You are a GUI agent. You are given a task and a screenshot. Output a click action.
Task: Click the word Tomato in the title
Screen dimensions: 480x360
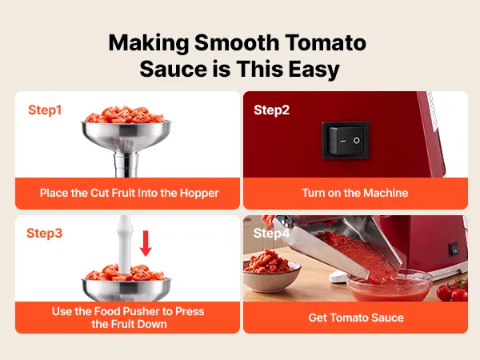(326, 42)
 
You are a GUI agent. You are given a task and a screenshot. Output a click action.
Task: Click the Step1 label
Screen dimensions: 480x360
(45, 110)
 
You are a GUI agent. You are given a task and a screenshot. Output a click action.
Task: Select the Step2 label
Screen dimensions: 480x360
(271, 110)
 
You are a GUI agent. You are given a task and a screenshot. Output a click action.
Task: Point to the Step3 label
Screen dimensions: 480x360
(44, 233)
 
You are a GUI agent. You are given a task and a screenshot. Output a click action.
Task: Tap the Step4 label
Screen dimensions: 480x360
(271, 234)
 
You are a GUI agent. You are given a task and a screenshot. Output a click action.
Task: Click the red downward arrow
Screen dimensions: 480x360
(146, 243)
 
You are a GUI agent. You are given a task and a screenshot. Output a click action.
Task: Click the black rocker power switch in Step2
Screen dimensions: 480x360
(346, 141)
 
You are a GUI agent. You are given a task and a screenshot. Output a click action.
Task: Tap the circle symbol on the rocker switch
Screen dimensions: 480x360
(356, 141)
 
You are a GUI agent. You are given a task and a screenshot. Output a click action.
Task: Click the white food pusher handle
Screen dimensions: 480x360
(125, 243)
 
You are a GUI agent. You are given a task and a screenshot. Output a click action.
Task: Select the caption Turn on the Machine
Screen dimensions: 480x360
(355, 193)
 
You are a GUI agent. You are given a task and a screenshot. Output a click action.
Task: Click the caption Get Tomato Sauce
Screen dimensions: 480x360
(356, 318)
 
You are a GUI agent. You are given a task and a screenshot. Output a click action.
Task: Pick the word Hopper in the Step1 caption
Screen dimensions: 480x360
(199, 193)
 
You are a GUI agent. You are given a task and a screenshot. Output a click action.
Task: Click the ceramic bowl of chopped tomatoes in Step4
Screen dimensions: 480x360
(271, 274)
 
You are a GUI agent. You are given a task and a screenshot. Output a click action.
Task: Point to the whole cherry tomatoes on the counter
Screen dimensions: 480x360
(453, 291)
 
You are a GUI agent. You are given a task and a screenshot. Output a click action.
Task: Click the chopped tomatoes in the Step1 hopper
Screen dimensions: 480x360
(126, 114)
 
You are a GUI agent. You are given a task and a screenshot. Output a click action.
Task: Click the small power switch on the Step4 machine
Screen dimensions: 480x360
(454, 249)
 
